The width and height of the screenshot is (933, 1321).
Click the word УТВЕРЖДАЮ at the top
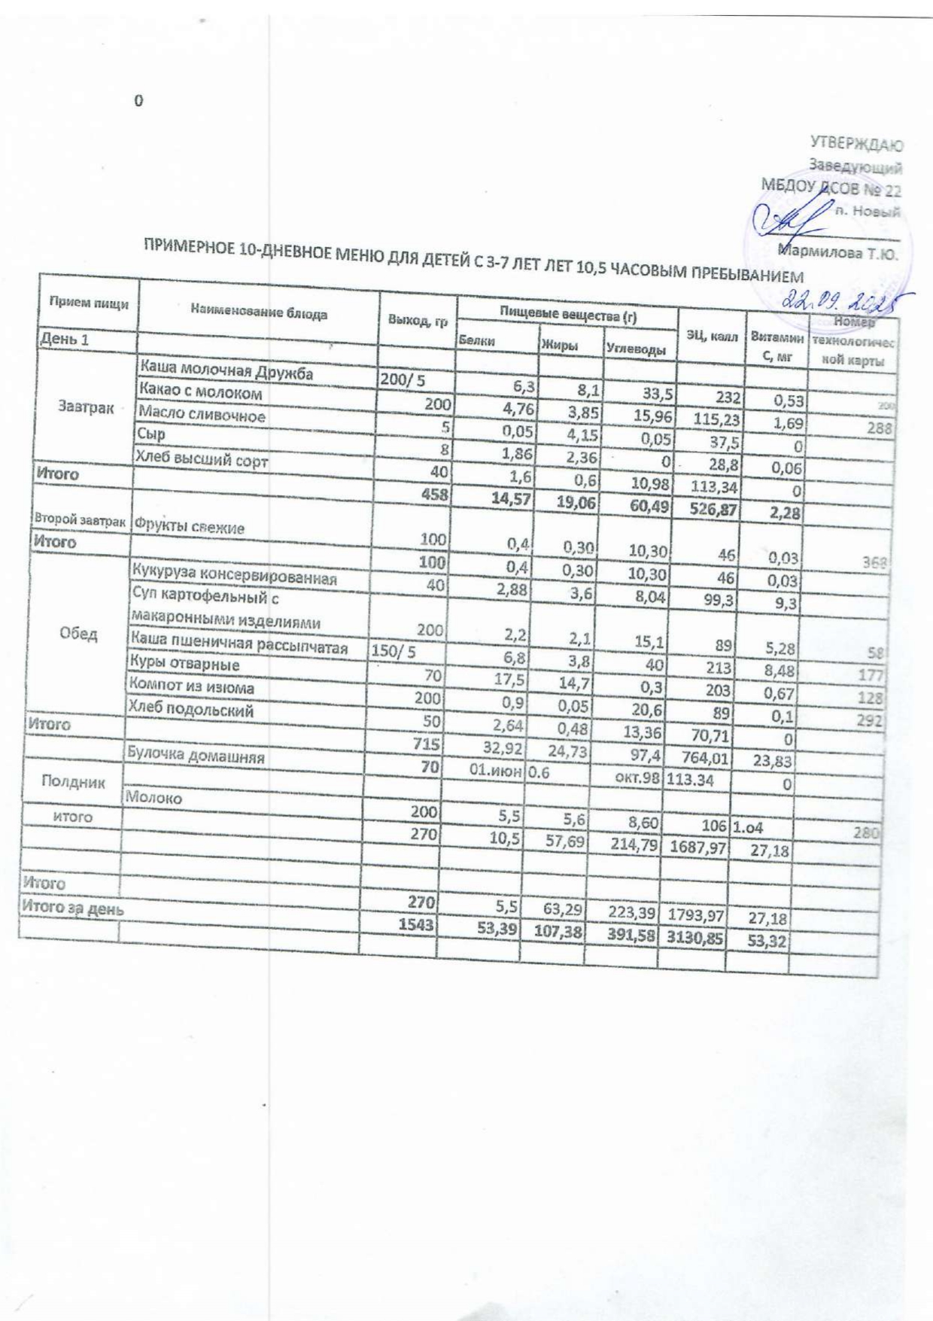856,143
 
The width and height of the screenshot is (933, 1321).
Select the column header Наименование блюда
259,311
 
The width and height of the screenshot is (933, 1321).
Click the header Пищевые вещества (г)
567,316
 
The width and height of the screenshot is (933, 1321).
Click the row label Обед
78,634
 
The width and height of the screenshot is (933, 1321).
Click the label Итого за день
72,908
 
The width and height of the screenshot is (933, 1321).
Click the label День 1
63,339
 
